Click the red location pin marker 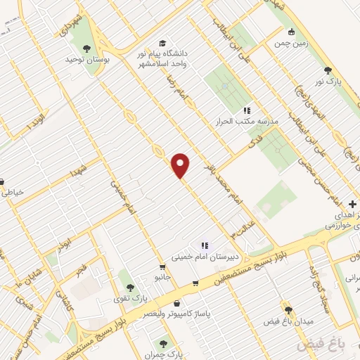181,166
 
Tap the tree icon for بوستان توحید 86,49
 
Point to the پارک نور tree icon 328,70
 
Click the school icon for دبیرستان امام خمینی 204,245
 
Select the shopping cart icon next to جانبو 163,266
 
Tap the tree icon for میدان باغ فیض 288,309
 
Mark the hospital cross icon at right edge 352,205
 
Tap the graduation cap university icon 163,42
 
